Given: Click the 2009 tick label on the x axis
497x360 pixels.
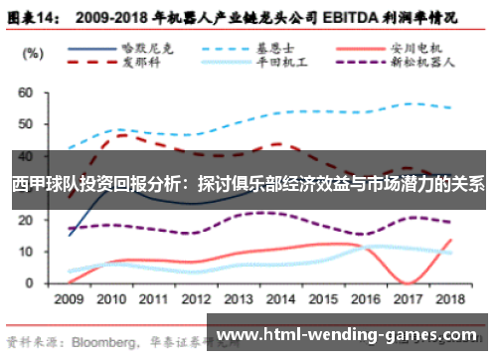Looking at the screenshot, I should (69, 297).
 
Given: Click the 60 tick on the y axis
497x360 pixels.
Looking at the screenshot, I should (26, 92).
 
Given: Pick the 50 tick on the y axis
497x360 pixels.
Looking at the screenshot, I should (26, 124).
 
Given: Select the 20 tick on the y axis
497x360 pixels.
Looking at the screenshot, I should (26, 220).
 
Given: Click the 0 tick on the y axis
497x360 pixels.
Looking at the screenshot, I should (30, 282).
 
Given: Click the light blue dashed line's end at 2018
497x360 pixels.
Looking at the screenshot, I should (454, 108).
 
